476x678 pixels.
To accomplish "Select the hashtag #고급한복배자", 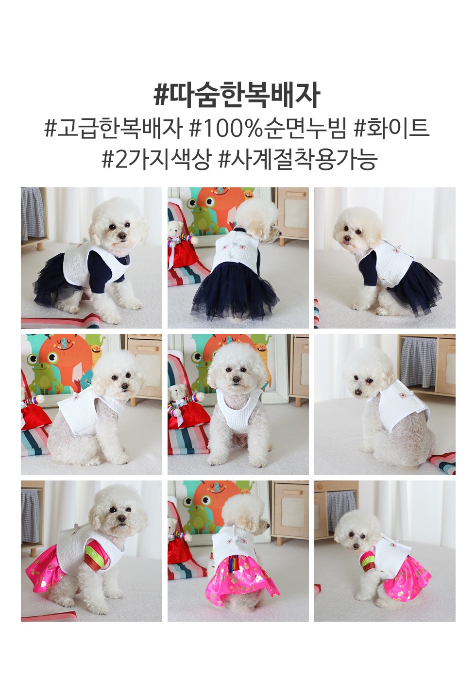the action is coord(114,129).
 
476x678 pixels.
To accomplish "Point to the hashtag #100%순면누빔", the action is coord(267,129).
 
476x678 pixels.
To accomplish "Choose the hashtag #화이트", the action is coord(391,129).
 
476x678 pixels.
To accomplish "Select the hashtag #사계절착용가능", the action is coord(298,160).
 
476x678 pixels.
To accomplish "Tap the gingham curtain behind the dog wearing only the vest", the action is coord(418,363).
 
